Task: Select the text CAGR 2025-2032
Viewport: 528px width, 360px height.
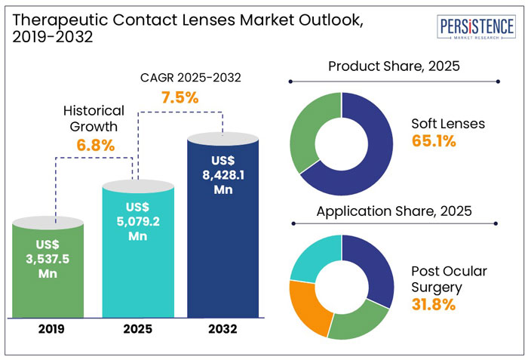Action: click(180, 78)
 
